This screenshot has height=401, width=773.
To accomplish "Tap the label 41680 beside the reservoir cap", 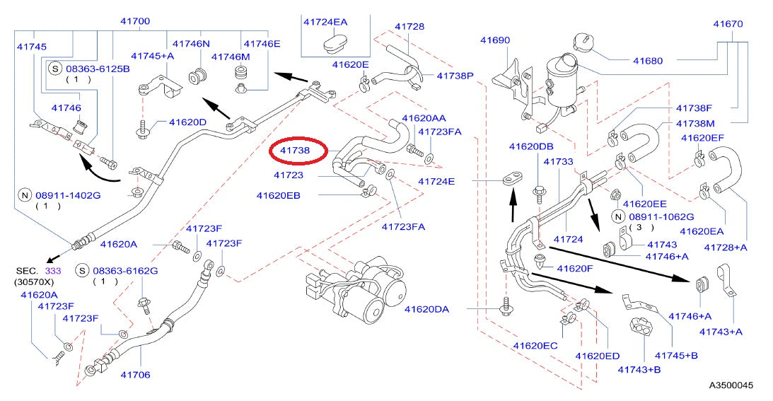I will point(647,61).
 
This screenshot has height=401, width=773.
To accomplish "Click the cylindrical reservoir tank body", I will point(566,83).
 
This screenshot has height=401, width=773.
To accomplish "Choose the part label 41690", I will point(494,40).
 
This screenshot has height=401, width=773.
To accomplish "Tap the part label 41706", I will point(135,374).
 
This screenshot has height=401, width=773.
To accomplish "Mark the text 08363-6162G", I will point(125,270).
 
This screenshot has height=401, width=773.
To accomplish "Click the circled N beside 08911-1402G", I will point(23,194).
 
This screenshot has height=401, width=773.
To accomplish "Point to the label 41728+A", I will point(726,247).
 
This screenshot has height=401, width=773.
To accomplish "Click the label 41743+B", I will point(639,369).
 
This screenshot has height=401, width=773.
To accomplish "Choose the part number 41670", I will point(728,24).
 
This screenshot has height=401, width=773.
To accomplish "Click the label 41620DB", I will point(530,146).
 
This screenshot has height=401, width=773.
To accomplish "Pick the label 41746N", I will point(192,44).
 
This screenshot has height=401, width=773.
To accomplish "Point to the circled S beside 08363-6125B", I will point(55,69).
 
